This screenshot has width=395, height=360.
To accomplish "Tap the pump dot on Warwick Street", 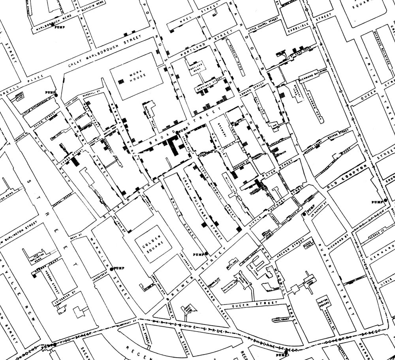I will (111, 269).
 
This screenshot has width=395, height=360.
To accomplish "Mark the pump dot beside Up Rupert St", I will (304, 214).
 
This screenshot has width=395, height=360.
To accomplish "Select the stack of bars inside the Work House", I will (122, 81).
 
